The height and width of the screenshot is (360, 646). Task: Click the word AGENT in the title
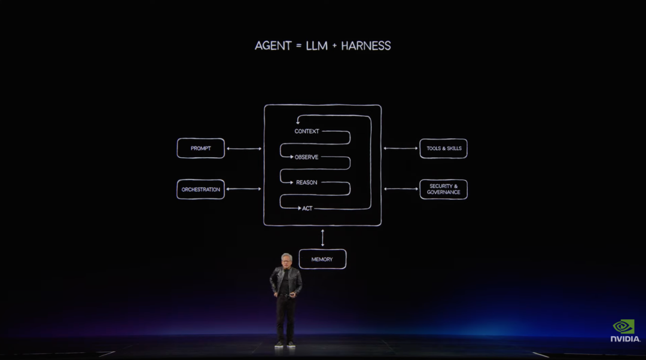(x=273, y=45)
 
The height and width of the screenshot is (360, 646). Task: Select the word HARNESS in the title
(x=366, y=45)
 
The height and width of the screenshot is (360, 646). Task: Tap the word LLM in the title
(x=316, y=45)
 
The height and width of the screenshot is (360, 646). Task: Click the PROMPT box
(x=200, y=148)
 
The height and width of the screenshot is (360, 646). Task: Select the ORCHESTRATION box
(x=200, y=190)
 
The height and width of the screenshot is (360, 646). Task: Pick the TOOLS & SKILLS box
(x=443, y=148)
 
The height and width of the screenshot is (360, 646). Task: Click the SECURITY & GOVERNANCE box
(x=443, y=190)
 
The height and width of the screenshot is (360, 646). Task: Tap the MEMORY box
(x=322, y=259)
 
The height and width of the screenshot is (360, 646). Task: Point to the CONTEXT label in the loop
(x=307, y=132)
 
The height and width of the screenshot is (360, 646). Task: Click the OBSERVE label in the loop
(x=306, y=157)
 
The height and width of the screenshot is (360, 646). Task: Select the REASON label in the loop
(x=306, y=182)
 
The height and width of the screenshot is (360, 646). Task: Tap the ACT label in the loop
(x=307, y=209)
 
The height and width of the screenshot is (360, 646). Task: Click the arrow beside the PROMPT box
(x=244, y=148)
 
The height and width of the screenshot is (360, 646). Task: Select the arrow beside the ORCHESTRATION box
(x=244, y=189)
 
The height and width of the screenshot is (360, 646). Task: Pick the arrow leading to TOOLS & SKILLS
(x=400, y=148)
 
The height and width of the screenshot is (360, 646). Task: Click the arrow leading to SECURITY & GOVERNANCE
(x=401, y=189)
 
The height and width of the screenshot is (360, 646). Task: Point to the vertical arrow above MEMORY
(x=322, y=237)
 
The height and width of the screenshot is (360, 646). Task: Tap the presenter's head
(x=287, y=260)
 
